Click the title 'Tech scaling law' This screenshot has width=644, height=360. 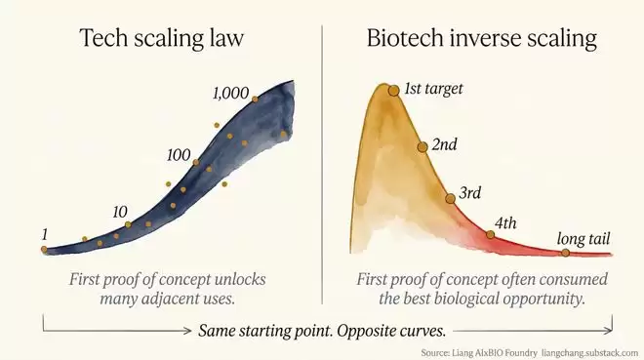click(x=161, y=38)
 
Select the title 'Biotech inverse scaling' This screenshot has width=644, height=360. click(x=481, y=38)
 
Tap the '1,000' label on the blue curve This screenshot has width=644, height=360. click(x=231, y=94)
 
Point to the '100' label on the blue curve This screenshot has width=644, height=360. click(x=179, y=155)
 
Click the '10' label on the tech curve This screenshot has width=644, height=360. click(x=120, y=212)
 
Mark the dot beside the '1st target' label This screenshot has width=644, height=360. click(x=394, y=91)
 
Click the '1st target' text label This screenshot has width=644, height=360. click(x=433, y=89)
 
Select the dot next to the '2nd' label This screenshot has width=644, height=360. click(x=423, y=147)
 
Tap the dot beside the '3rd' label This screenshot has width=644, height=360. click(x=450, y=199)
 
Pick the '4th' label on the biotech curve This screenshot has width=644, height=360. click(x=505, y=222)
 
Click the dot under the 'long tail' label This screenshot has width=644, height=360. click(x=566, y=253)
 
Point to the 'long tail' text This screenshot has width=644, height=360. click(x=584, y=238)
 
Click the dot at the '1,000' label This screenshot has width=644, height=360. click(x=255, y=99)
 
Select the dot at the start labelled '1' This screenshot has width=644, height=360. click(x=44, y=249)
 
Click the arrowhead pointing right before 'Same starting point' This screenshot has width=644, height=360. click(x=187, y=331)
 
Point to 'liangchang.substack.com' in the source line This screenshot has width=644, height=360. click(x=589, y=353)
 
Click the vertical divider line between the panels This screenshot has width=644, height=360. click(x=322, y=164)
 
